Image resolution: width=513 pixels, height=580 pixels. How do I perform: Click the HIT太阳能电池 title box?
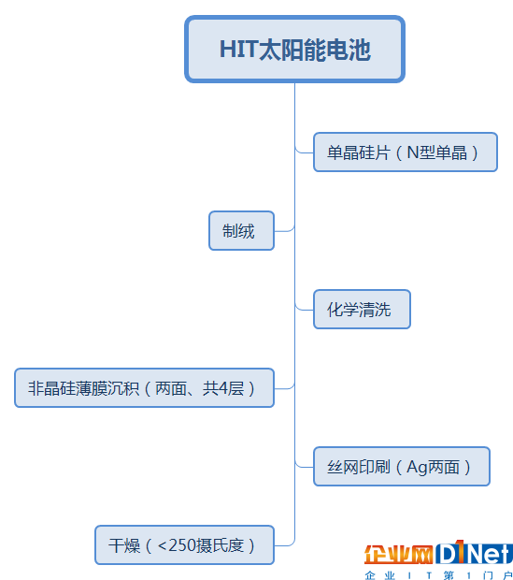[x=294, y=50]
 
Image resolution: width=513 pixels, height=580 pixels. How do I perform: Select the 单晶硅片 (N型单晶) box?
[x=406, y=152]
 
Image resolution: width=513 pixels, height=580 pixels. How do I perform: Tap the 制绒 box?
[x=241, y=231]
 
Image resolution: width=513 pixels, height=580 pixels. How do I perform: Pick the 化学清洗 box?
[x=362, y=310]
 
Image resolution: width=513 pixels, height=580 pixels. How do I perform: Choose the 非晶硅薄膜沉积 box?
[x=144, y=388]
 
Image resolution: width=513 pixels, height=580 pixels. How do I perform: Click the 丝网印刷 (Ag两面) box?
[x=402, y=467]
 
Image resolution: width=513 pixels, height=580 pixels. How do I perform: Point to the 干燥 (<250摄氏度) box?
[x=184, y=545]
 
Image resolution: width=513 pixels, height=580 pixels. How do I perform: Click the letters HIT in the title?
[x=238, y=50]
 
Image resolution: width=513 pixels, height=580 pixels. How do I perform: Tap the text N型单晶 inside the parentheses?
[x=437, y=152]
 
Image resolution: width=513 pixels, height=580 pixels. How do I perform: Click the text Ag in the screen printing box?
[x=417, y=467]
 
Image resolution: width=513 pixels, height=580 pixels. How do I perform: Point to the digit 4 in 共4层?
[x=223, y=388]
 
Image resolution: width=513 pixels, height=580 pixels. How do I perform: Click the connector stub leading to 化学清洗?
[x=305, y=308]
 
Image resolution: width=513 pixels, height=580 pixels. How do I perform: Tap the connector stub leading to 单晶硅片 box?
[x=305, y=151]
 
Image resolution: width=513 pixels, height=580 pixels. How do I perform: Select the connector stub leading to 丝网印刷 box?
[x=305, y=465]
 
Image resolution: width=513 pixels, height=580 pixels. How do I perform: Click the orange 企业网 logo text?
[x=398, y=555]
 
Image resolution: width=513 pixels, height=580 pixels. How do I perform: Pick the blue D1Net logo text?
[x=474, y=553]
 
